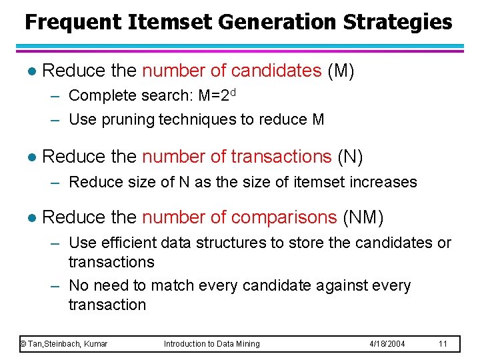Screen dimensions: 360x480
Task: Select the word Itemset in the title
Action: [167, 22]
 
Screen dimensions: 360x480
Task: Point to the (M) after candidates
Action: [341, 71]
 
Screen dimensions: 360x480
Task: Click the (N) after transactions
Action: [350, 157]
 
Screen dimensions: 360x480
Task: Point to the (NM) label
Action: [363, 217]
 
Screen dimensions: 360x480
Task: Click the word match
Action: [171, 286]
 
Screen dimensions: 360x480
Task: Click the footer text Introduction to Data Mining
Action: [212, 344]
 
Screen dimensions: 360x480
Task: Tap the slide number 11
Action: [442, 344]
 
